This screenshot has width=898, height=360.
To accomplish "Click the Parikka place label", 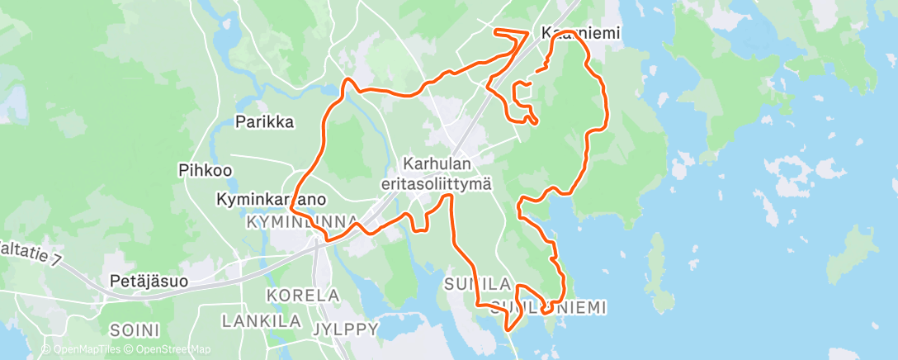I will tap(264, 122).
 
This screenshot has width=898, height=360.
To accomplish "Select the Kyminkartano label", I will tap(271, 200).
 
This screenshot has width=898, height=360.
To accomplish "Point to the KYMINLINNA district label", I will tap(301, 223).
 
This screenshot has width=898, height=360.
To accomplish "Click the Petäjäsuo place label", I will tap(149, 282).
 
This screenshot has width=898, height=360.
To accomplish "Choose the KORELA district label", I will tap(303, 295).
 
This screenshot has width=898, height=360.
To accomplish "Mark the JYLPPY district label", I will tap(346, 329).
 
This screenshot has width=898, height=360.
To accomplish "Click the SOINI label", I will tap(135, 329).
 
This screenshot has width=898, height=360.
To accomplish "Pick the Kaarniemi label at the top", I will tap(579, 33).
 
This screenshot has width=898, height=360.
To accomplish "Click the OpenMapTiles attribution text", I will tap(81, 349).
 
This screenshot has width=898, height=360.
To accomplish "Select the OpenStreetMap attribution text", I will tap(167, 349).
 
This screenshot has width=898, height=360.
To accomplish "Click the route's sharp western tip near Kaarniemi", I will tap(495, 32).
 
